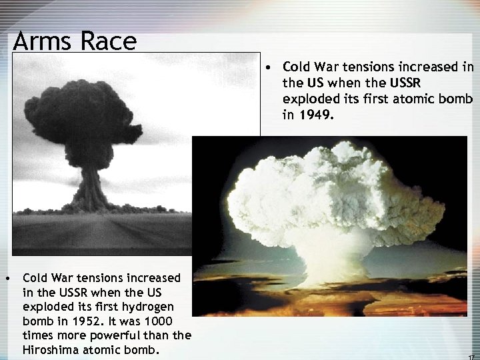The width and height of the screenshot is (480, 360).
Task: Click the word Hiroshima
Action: click(x=51, y=350)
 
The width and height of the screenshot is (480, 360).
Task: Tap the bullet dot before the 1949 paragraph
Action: click(x=266, y=67)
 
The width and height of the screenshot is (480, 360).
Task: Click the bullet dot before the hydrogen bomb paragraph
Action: click(x=6, y=277)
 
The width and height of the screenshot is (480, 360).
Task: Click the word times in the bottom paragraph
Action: click(x=37, y=335)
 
